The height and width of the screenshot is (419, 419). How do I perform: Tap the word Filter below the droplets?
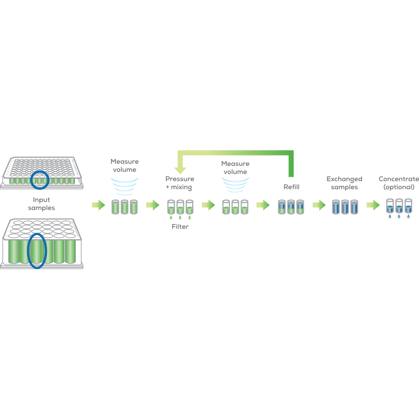[x=180, y=227]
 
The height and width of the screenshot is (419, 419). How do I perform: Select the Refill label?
[x=292, y=187]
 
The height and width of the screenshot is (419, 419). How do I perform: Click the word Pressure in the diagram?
[x=180, y=179]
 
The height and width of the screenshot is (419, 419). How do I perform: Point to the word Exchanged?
[x=344, y=179]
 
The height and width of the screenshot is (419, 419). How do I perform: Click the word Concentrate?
[x=399, y=179]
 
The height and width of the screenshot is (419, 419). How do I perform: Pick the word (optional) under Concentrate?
[x=399, y=187]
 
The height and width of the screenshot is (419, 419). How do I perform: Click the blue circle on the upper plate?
[x=40, y=179]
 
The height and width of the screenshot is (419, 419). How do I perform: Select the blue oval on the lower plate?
[x=37, y=251]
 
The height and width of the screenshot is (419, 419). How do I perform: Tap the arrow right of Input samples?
[x=98, y=205]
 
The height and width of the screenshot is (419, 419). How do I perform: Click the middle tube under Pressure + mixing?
[x=180, y=208]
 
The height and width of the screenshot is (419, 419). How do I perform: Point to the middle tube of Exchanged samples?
[x=344, y=207]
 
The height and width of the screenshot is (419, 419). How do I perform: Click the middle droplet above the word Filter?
[x=180, y=218]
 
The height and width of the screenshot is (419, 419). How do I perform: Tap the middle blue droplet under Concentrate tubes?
[x=398, y=217]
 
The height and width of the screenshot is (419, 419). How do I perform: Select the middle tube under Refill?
[x=291, y=207]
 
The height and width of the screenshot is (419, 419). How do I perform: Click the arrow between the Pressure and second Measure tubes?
[x=208, y=205]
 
